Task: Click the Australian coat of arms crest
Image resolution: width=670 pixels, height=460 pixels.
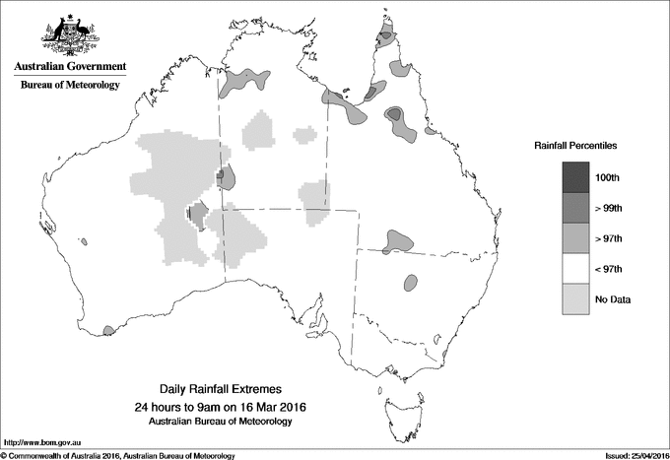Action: (x=70, y=33)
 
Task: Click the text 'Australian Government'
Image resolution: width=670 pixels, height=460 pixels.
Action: (x=70, y=67)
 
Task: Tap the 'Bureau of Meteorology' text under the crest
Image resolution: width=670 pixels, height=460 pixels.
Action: (x=70, y=86)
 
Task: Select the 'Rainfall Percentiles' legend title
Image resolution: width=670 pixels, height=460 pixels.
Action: (x=575, y=145)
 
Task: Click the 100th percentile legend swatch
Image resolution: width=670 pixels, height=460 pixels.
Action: (x=576, y=177)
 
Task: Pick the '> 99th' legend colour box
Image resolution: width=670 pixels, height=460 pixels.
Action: (x=576, y=208)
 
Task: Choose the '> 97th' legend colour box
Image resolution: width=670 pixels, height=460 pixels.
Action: (x=576, y=238)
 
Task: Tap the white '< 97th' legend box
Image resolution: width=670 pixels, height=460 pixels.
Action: (x=576, y=269)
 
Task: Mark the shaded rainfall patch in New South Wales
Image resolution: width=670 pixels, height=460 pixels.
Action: (x=410, y=283)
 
